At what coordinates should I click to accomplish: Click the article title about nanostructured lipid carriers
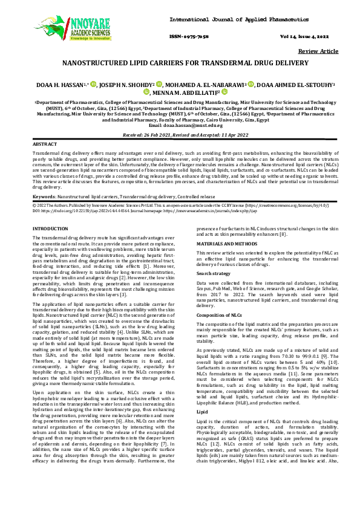click(x=180, y=62)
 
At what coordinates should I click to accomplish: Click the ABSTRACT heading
click(x=44, y=145)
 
